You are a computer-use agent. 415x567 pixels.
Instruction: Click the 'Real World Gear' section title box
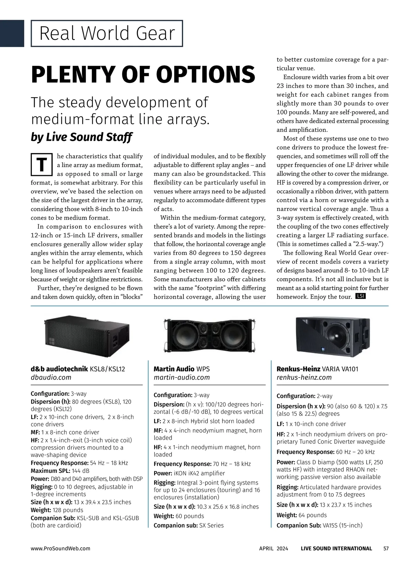107,34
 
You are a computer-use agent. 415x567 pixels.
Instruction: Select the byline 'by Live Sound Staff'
81,137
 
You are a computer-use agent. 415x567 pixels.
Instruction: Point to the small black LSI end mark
360,296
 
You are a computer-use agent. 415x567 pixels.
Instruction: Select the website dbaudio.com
51,377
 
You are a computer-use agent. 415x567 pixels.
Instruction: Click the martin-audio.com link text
182,377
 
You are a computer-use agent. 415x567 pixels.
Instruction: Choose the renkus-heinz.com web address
304,377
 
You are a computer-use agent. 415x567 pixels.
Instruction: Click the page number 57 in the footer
386,548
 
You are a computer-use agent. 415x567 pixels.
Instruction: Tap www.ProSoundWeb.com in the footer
61,548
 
